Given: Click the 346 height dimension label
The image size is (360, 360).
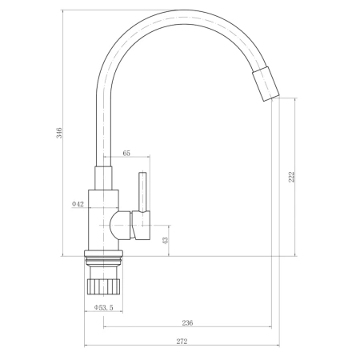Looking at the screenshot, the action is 59,133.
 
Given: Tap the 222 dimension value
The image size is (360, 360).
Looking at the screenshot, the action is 292,177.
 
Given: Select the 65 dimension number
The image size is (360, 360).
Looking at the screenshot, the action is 126,153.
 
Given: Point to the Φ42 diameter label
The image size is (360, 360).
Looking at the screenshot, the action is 78,204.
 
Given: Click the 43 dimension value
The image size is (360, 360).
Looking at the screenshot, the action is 166,241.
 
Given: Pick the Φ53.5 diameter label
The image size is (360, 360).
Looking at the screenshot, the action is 104,307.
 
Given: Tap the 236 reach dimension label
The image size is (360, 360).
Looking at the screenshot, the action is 187,323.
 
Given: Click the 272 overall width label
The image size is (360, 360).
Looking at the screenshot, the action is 182,341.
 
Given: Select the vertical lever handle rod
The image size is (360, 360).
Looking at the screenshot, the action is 142,192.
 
